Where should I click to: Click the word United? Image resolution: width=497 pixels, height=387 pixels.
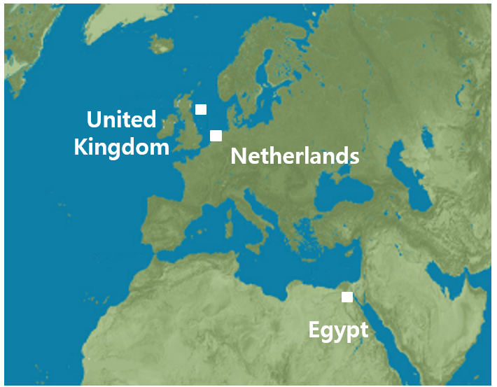point(121,119)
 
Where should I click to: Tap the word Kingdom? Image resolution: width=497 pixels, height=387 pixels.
point(122,147)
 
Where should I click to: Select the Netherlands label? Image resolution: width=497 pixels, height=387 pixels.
point(295,156)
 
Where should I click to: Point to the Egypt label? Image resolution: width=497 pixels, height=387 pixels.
point(338,330)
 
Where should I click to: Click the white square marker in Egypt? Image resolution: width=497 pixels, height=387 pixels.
point(347,297)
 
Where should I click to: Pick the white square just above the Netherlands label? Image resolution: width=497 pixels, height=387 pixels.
point(216,135)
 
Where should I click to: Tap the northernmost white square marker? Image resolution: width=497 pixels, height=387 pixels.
point(201,108)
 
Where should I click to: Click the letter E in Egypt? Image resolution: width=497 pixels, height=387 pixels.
point(314,330)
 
